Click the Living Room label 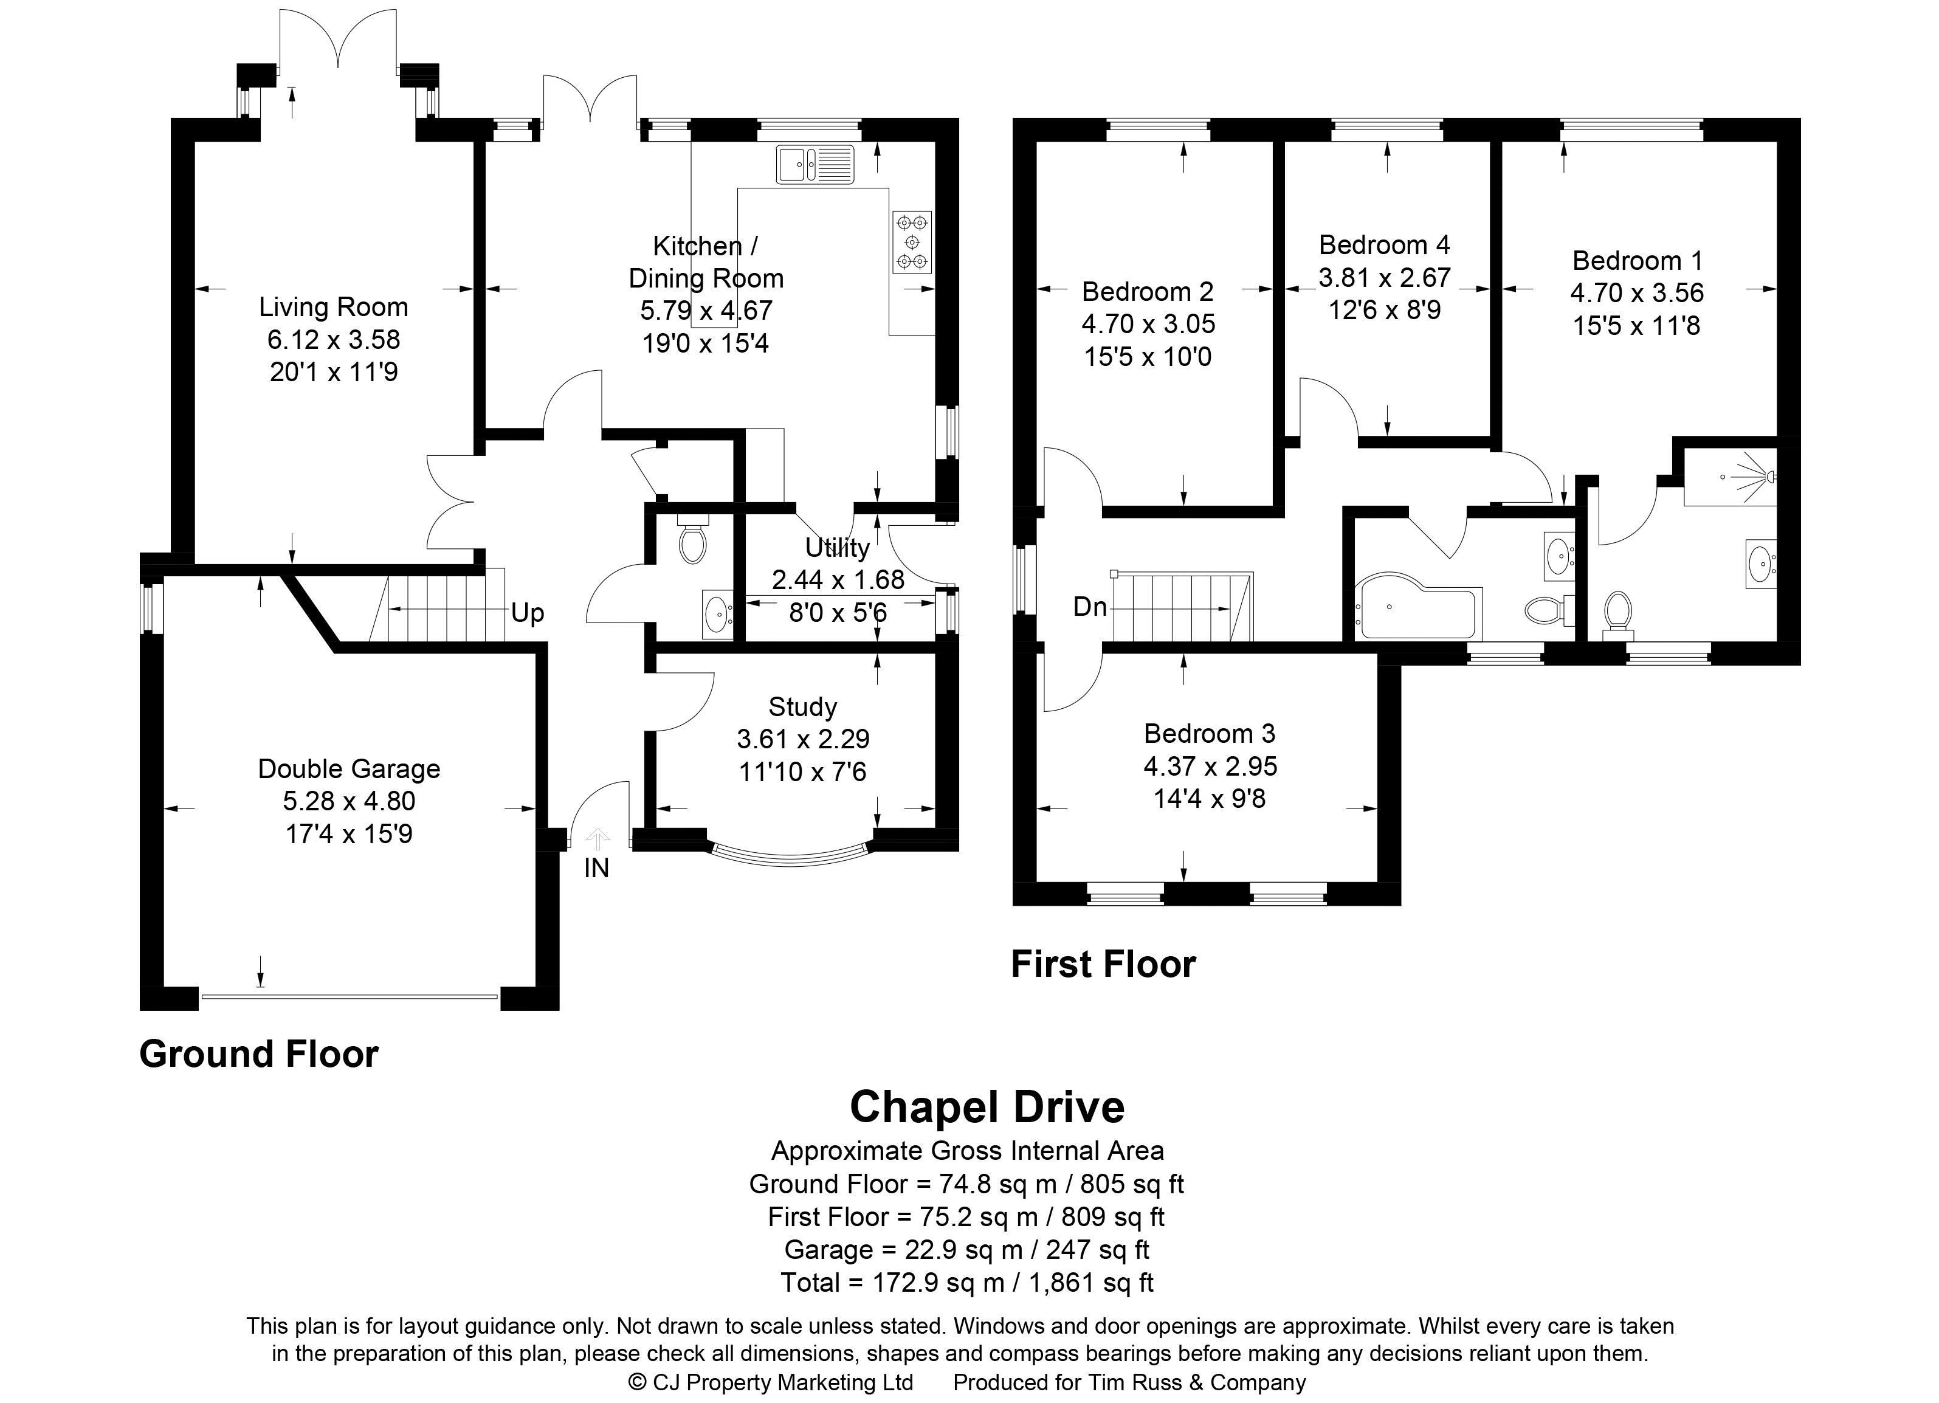tap(334, 307)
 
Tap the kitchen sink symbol tap(816, 164)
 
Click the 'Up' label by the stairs tap(528, 613)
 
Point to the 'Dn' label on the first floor tap(1090, 607)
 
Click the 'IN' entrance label tap(597, 868)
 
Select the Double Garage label tap(349, 768)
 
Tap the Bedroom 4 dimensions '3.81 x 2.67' tap(1384, 278)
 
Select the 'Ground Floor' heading tap(259, 1054)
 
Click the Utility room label tap(837, 547)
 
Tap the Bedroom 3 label tap(1209, 734)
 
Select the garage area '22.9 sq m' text tap(963, 1250)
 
